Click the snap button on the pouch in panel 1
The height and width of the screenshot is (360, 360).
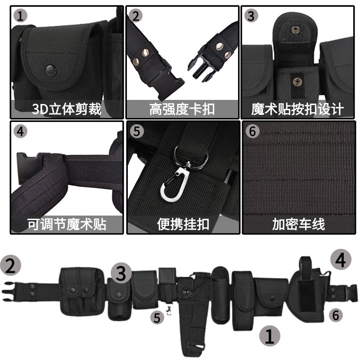coord(51,70)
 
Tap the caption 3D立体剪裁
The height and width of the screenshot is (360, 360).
coord(67,108)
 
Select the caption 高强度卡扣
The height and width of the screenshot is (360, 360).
coord(182,108)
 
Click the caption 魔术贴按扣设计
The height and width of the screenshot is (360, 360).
coord(297,108)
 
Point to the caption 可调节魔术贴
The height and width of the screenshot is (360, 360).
coord(67,224)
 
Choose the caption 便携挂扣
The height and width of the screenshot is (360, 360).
coord(183,224)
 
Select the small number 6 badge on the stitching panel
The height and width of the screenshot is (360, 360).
coord(252,131)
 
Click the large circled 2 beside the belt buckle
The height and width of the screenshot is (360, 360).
coord(11,266)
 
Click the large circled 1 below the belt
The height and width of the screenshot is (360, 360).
coord(269,336)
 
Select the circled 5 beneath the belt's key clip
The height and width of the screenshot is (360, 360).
coord(157,317)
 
